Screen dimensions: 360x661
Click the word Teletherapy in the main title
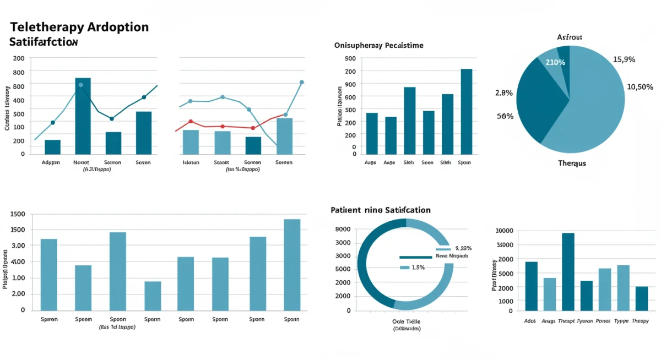click(x=47, y=27)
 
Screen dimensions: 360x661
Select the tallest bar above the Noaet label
click(x=83, y=116)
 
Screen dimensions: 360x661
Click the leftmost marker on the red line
click(x=191, y=122)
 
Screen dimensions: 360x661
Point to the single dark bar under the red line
click(x=253, y=145)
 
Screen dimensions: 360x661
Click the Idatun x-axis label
click(x=191, y=163)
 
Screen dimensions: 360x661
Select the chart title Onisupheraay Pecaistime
click(x=378, y=45)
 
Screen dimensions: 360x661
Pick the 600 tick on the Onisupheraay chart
click(x=350, y=97)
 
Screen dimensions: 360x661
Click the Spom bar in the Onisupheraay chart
click(x=466, y=111)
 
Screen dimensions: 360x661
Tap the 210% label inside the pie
click(x=555, y=62)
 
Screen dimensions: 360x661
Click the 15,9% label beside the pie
click(x=624, y=59)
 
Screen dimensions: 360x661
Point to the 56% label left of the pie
click(x=505, y=116)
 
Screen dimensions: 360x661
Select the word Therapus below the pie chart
click(x=572, y=163)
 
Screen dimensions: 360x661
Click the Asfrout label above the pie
click(x=570, y=37)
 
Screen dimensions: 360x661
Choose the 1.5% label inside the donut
click(x=418, y=268)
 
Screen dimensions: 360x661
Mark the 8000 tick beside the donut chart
click(x=342, y=229)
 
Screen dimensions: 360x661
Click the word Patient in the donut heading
click(x=346, y=210)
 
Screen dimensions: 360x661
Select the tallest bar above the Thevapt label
click(x=568, y=272)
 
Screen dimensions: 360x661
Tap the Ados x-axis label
click(x=530, y=321)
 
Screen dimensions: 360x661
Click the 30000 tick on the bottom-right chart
click(x=505, y=231)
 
